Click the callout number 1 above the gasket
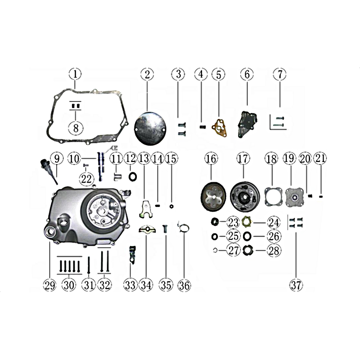point(75,74)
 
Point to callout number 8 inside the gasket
point(76,128)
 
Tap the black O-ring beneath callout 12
point(133,177)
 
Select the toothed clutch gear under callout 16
point(213,196)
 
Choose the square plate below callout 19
point(295,198)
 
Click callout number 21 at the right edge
point(320,158)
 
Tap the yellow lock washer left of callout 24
point(247,222)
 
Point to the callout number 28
point(274,251)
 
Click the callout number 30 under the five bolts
point(69,285)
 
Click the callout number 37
point(296,285)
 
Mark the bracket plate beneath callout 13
point(145,209)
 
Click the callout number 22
point(86,179)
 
